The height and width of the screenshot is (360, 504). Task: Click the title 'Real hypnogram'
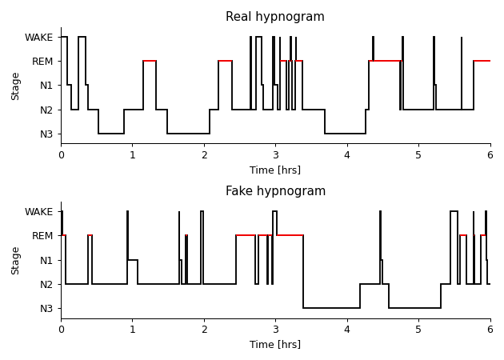pos(275,17)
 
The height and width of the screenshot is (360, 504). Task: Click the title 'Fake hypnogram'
pos(275,191)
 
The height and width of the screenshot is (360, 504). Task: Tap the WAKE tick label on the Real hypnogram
pos(38,38)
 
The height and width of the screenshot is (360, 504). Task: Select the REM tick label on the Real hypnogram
pos(42,62)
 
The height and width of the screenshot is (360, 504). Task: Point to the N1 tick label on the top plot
pos(46,86)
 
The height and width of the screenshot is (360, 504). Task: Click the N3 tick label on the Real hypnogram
pos(46,134)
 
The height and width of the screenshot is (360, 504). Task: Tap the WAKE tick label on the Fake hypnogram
pos(38,212)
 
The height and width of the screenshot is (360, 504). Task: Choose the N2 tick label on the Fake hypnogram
pos(46,284)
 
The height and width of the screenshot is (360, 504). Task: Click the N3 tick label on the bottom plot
pos(46,308)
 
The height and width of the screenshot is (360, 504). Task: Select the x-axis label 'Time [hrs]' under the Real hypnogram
pos(275,170)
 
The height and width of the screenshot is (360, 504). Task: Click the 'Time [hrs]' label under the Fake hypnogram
pos(275,345)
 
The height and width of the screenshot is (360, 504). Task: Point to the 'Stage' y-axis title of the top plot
pos(16,86)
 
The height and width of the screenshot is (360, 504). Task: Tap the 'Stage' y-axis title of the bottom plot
pos(16,260)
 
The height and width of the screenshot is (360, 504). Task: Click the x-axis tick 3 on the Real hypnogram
pos(275,155)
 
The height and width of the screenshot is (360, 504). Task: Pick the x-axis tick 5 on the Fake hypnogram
pos(418,330)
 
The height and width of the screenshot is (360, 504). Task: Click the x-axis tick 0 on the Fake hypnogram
pos(61,330)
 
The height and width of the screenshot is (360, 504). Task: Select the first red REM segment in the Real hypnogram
pos(150,61)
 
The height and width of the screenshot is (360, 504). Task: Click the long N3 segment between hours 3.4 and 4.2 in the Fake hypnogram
pos(331,308)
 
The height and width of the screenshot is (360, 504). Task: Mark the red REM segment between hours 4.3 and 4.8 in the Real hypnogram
pos(385,61)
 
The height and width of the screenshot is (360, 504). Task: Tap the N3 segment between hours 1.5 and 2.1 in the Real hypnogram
pos(188,134)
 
